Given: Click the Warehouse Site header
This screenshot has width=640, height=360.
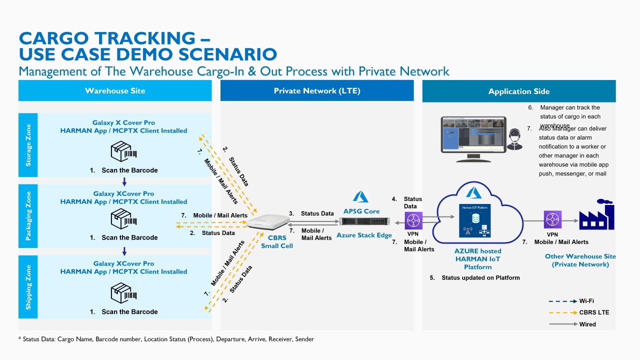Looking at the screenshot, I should pyautogui.click(x=115, y=90).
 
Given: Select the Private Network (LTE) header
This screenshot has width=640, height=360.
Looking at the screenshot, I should pyautogui.click(x=317, y=90).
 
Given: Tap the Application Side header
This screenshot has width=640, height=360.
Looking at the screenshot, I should pyautogui.click(x=519, y=91).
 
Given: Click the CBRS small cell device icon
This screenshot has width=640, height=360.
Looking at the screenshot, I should pyautogui.click(x=268, y=222).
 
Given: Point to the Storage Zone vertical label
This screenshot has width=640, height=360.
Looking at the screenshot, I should pyautogui.click(x=28, y=145).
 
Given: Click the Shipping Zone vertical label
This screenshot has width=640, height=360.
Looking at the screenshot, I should pyautogui.click(x=28, y=287).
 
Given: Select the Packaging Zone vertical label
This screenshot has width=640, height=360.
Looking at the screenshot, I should pyautogui.click(x=28, y=216).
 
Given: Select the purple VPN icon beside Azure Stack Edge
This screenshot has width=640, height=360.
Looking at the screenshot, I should pyautogui.click(x=413, y=220).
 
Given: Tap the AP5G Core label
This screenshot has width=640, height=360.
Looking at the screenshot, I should pyautogui.click(x=361, y=211).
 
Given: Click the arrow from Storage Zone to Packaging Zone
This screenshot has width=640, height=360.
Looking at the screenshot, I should pyautogui.click(x=124, y=180).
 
